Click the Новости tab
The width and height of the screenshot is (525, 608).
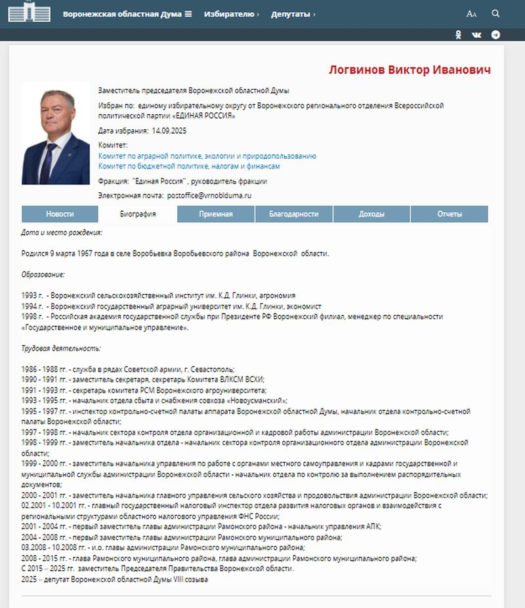60,214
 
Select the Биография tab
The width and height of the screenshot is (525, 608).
137,214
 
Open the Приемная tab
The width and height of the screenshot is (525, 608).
216,214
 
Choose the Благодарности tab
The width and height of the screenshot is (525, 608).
293,214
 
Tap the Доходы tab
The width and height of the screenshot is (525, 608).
371,214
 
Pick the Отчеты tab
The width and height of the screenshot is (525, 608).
450,214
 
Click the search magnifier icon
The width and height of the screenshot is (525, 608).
495,13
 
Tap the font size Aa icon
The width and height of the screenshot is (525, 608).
471,14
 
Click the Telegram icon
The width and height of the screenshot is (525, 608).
496,35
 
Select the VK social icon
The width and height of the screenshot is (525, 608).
476,35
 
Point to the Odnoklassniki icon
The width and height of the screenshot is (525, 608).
459,35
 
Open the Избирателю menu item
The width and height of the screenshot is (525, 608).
231,14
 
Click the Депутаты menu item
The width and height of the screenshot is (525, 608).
293,14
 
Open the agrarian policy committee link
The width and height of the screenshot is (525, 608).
207,156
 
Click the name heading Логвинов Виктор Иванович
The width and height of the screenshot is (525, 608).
409,70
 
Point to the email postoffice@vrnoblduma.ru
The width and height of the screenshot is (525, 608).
209,195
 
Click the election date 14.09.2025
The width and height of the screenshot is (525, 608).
169,131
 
